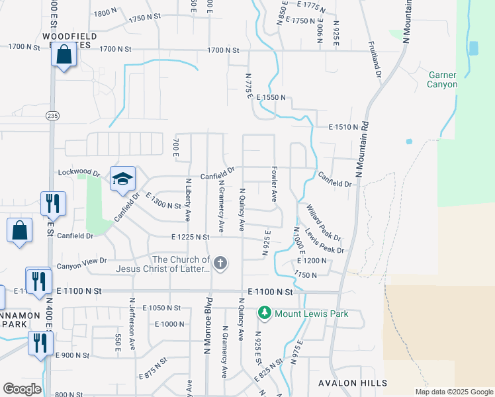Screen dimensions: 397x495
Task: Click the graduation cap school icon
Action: click(122, 179)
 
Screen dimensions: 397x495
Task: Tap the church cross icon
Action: click(220, 264)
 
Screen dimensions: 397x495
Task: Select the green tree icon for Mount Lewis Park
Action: click(265, 312)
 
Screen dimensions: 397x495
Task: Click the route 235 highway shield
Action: click(52, 116)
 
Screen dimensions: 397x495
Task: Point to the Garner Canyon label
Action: click(443, 80)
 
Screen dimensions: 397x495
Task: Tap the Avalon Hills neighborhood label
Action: click(347, 383)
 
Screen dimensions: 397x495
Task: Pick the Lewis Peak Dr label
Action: click(324, 241)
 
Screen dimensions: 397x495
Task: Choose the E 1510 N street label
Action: click(343, 126)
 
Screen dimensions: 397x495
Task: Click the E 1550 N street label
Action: click(272, 97)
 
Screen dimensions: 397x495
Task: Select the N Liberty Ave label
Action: click(189, 199)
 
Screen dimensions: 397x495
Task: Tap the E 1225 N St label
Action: click(190, 237)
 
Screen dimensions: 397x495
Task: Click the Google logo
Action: click(22, 389)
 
